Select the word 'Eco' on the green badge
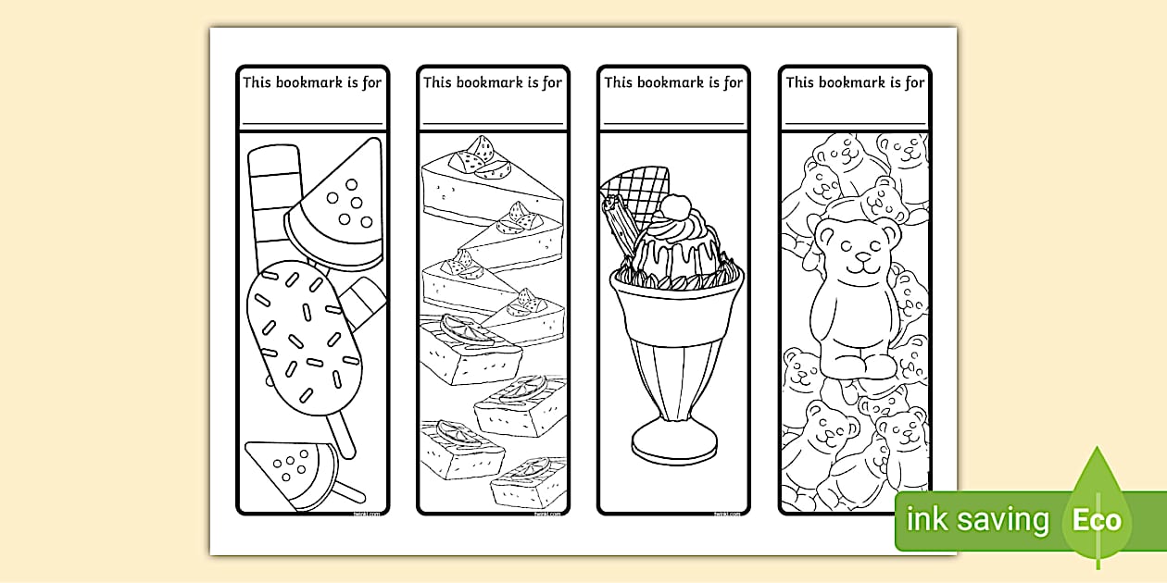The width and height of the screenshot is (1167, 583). point(1098,520)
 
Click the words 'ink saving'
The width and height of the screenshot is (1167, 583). point(978,520)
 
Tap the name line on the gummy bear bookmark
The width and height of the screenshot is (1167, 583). point(855,123)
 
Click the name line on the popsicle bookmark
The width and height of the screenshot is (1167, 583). point(312,123)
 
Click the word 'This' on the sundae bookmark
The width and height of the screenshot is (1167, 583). point(619,82)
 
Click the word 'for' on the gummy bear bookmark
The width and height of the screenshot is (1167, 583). point(914,82)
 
